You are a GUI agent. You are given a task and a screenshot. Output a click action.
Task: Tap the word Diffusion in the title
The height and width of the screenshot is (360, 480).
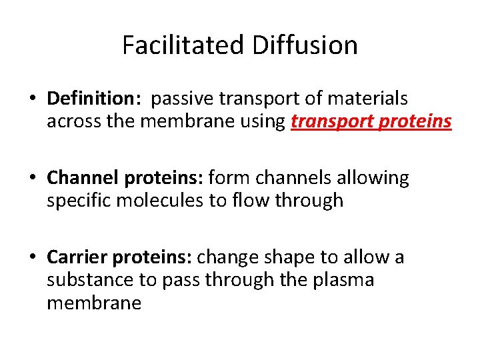pos(305,45)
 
